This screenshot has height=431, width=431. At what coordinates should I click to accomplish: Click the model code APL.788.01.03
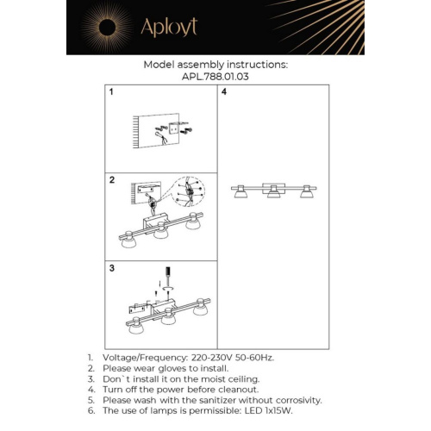click(215, 76)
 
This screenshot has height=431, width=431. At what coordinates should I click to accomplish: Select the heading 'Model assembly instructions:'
click(215, 65)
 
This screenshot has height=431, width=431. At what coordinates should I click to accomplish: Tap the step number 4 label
click(224, 91)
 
